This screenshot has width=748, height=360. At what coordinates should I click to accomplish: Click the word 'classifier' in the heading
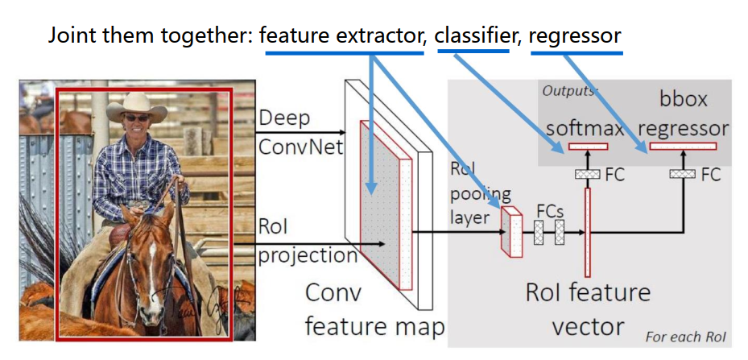click(x=473, y=35)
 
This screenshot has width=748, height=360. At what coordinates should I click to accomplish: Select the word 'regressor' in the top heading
click(x=576, y=36)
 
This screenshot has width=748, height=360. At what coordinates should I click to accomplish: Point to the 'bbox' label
click(x=683, y=100)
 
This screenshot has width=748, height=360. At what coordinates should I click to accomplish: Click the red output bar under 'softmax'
click(x=588, y=147)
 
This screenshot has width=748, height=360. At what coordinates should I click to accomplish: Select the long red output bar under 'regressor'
click(x=683, y=147)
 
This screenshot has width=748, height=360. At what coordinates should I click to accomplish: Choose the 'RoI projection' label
click(x=307, y=242)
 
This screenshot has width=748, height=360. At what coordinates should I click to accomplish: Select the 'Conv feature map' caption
click(x=374, y=310)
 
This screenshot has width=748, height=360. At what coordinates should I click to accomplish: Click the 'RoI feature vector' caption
click(x=588, y=308)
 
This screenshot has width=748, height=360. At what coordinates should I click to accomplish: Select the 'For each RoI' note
click(x=684, y=337)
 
